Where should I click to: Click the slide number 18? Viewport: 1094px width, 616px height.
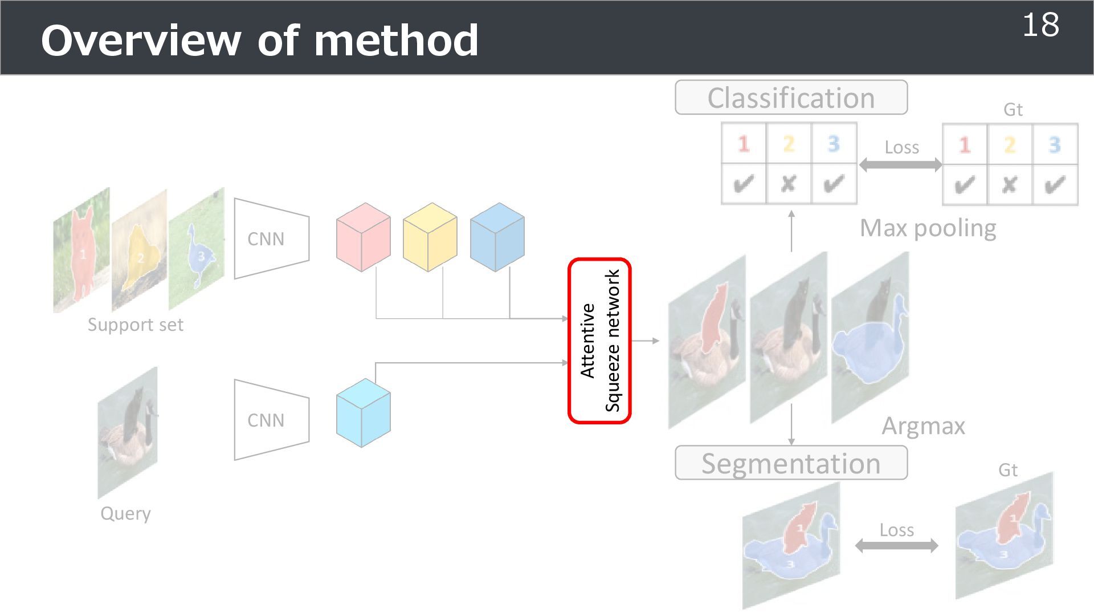(x=1040, y=26)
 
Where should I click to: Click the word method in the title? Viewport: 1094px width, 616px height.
(x=396, y=41)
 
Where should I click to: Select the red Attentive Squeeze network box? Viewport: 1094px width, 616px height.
(x=599, y=341)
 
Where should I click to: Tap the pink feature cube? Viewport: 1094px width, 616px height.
(x=363, y=237)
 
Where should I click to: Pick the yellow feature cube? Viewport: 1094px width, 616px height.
(x=430, y=237)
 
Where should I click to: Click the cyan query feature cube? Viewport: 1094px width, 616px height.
(x=363, y=413)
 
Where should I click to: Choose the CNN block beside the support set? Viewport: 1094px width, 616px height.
(x=271, y=238)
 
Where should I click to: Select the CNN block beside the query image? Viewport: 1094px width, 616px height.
(x=271, y=420)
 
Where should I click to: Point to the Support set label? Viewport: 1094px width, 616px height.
(x=135, y=325)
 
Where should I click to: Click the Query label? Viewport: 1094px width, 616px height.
(x=125, y=513)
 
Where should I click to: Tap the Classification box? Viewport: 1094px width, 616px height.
(x=791, y=98)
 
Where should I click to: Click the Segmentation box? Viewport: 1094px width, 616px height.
(x=791, y=463)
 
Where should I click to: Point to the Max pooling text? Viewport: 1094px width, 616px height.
(x=928, y=228)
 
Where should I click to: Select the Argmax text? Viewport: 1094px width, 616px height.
(x=923, y=426)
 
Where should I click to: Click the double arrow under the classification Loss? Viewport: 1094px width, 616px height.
(x=900, y=165)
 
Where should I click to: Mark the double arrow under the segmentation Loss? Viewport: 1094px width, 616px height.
(x=896, y=546)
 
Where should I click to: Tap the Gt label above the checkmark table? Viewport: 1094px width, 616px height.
(x=1013, y=110)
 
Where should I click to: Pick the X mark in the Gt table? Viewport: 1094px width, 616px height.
(x=1009, y=185)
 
